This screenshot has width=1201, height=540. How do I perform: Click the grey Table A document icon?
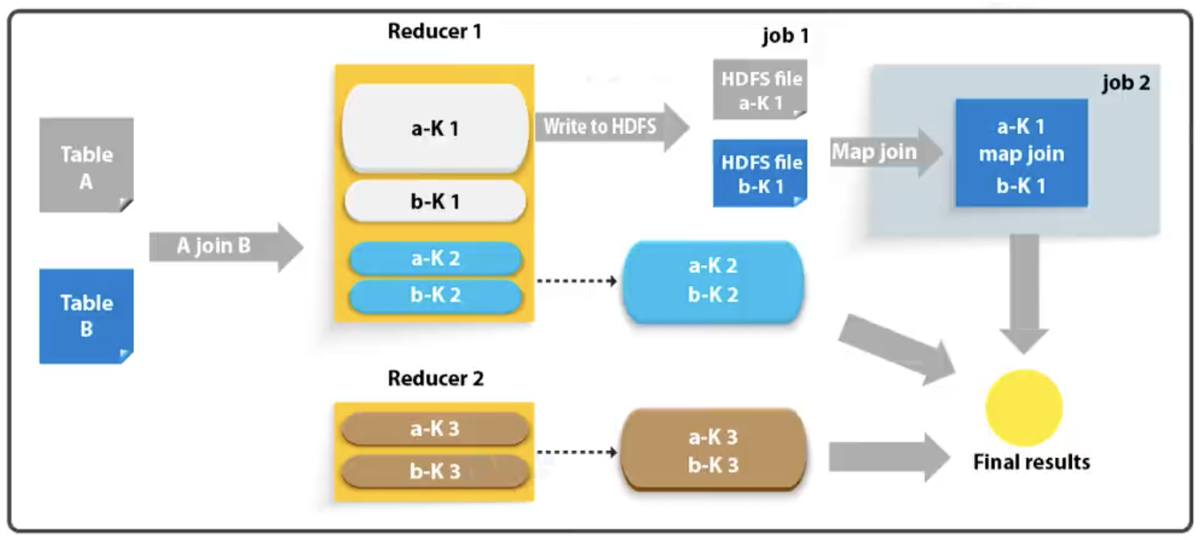(x=86, y=166)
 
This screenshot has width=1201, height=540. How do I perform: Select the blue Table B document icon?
(x=86, y=315)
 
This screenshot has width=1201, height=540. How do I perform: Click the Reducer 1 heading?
(x=434, y=32)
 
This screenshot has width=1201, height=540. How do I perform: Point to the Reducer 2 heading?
(x=435, y=378)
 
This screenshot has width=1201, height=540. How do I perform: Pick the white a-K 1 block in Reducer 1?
(x=435, y=128)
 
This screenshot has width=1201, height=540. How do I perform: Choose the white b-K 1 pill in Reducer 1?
(x=435, y=202)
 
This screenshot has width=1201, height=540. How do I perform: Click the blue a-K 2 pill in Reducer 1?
(x=435, y=259)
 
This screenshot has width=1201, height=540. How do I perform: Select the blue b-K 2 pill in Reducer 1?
(x=435, y=295)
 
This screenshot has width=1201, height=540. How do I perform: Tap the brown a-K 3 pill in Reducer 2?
(x=435, y=429)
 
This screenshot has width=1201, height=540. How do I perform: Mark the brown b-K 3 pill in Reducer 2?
(x=435, y=471)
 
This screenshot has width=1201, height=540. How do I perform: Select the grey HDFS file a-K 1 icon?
(x=760, y=90)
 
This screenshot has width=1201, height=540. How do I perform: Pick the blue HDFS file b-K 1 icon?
(x=761, y=174)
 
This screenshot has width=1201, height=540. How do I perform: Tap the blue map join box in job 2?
(x=1021, y=153)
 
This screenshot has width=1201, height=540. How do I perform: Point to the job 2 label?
(x=1125, y=83)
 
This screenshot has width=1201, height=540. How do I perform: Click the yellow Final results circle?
(x=1023, y=407)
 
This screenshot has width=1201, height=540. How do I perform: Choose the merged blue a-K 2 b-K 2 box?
(x=713, y=281)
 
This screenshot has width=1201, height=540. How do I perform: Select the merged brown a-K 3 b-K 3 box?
(x=713, y=450)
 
